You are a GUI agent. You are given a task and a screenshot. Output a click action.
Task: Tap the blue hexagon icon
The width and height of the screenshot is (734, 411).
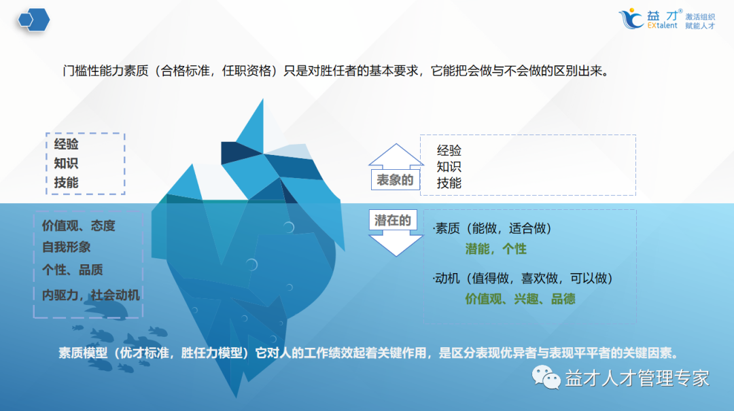coord(34,20)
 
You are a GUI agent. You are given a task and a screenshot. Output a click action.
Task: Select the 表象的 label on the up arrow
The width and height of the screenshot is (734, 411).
coord(394,180)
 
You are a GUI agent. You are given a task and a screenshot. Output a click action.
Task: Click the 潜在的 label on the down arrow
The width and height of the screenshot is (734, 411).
coord(393,220)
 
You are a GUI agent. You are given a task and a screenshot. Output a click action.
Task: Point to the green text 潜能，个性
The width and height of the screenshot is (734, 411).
coord(495,249)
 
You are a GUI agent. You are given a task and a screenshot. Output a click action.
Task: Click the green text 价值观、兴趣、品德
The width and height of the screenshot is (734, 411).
coord(520,298)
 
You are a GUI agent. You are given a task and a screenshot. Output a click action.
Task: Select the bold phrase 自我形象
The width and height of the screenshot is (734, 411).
coord(66,247)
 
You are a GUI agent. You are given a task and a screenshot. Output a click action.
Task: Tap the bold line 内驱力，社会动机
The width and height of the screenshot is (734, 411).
coord(90,294)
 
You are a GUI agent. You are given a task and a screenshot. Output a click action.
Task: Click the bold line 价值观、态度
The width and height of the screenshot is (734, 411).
coord(78,226)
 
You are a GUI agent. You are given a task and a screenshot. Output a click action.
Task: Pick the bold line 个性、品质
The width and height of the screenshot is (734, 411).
coord(72,270)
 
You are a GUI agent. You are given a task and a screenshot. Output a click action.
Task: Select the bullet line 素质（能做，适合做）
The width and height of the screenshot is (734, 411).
coord(493,229)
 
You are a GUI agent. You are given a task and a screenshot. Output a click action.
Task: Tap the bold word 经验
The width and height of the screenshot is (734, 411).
coord(67,144)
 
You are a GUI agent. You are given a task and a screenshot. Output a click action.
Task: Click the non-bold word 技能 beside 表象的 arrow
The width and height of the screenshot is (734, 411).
coord(449,183)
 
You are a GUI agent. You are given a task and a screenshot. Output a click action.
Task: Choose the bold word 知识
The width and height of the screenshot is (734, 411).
coord(67,163)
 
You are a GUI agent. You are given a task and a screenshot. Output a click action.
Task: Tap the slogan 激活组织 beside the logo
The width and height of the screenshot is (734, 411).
coord(700,16)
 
